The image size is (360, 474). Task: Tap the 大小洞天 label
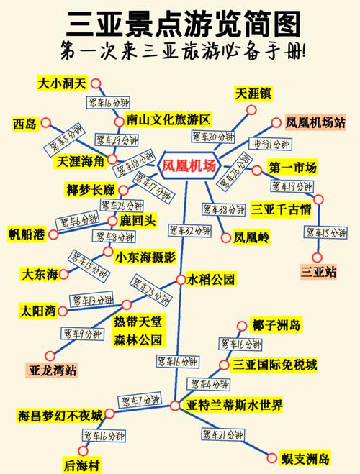click(x=61, y=83)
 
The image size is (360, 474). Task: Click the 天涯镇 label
click(x=252, y=94)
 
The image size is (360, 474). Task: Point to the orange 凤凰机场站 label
click(x=315, y=123)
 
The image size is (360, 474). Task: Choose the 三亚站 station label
click(x=318, y=272)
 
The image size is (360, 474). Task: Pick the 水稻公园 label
click(x=211, y=279)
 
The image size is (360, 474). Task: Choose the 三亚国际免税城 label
click(x=274, y=365)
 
